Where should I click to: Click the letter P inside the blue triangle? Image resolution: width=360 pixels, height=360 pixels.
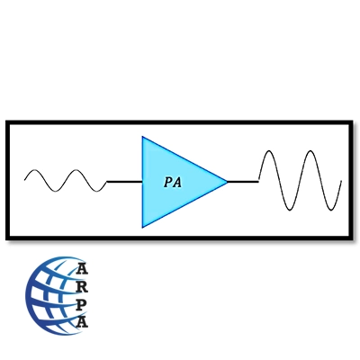tap(168, 182)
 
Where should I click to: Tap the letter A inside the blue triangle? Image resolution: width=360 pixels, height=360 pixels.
tap(177, 182)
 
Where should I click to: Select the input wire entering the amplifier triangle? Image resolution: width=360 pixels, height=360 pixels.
tap(124, 182)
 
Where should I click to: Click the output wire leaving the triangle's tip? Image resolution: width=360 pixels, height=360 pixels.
tap(243, 182)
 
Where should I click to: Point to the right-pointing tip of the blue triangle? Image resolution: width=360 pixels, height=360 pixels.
tap(227, 182)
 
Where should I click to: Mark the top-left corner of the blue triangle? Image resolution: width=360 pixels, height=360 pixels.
tap(142, 137)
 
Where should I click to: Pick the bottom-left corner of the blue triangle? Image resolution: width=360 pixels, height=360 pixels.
tap(142, 227)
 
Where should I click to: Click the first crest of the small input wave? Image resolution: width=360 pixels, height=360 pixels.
tap(35, 170)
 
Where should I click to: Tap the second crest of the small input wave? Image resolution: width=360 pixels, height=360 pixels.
tap(76, 170)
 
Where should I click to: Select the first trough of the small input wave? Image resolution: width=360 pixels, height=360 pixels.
tap(56, 192)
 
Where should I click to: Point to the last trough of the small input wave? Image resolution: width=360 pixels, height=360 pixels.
tap(97, 192)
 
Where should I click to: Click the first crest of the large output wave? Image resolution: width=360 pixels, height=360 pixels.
tap(269, 151)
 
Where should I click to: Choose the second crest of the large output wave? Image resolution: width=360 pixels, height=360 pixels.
tap(310, 151)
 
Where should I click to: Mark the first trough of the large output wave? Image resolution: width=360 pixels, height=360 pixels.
tap(290, 210)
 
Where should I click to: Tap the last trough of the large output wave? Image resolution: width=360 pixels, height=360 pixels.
tap(331, 210)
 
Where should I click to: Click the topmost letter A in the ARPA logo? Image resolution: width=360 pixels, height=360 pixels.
tap(82, 269)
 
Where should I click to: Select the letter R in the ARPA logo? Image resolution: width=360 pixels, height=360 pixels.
tap(82, 286)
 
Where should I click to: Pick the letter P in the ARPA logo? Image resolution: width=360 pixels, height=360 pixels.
tap(81, 304)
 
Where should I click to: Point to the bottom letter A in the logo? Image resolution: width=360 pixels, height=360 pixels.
tap(82, 322)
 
